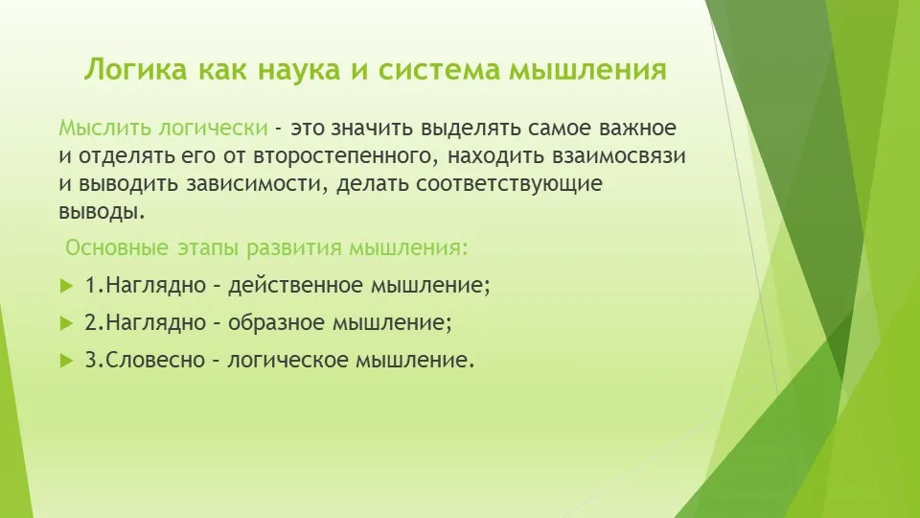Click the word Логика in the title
pyautogui.click(x=135, y=69)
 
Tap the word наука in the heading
pyautogui.click(x=299, y=69)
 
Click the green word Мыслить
pyautogui.click(x=105, y=128)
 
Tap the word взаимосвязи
pyautogui.click(x=618, y=155)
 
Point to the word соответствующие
pyautogui.click(x=509, y=184)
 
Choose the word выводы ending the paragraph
pyautogui.click(x=102, y=212)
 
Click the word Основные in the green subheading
pyautogui.click(x=117, y=247)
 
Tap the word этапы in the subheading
pyautogui.click(x=208, y=248)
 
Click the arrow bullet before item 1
pyautogui.click(x=66, y=287)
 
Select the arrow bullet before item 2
pyautogui.click(x=66, y=323)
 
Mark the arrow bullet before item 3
pyautogui.click(x=66, y=361)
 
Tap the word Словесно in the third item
pyautogui.click(x=155, y=360)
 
